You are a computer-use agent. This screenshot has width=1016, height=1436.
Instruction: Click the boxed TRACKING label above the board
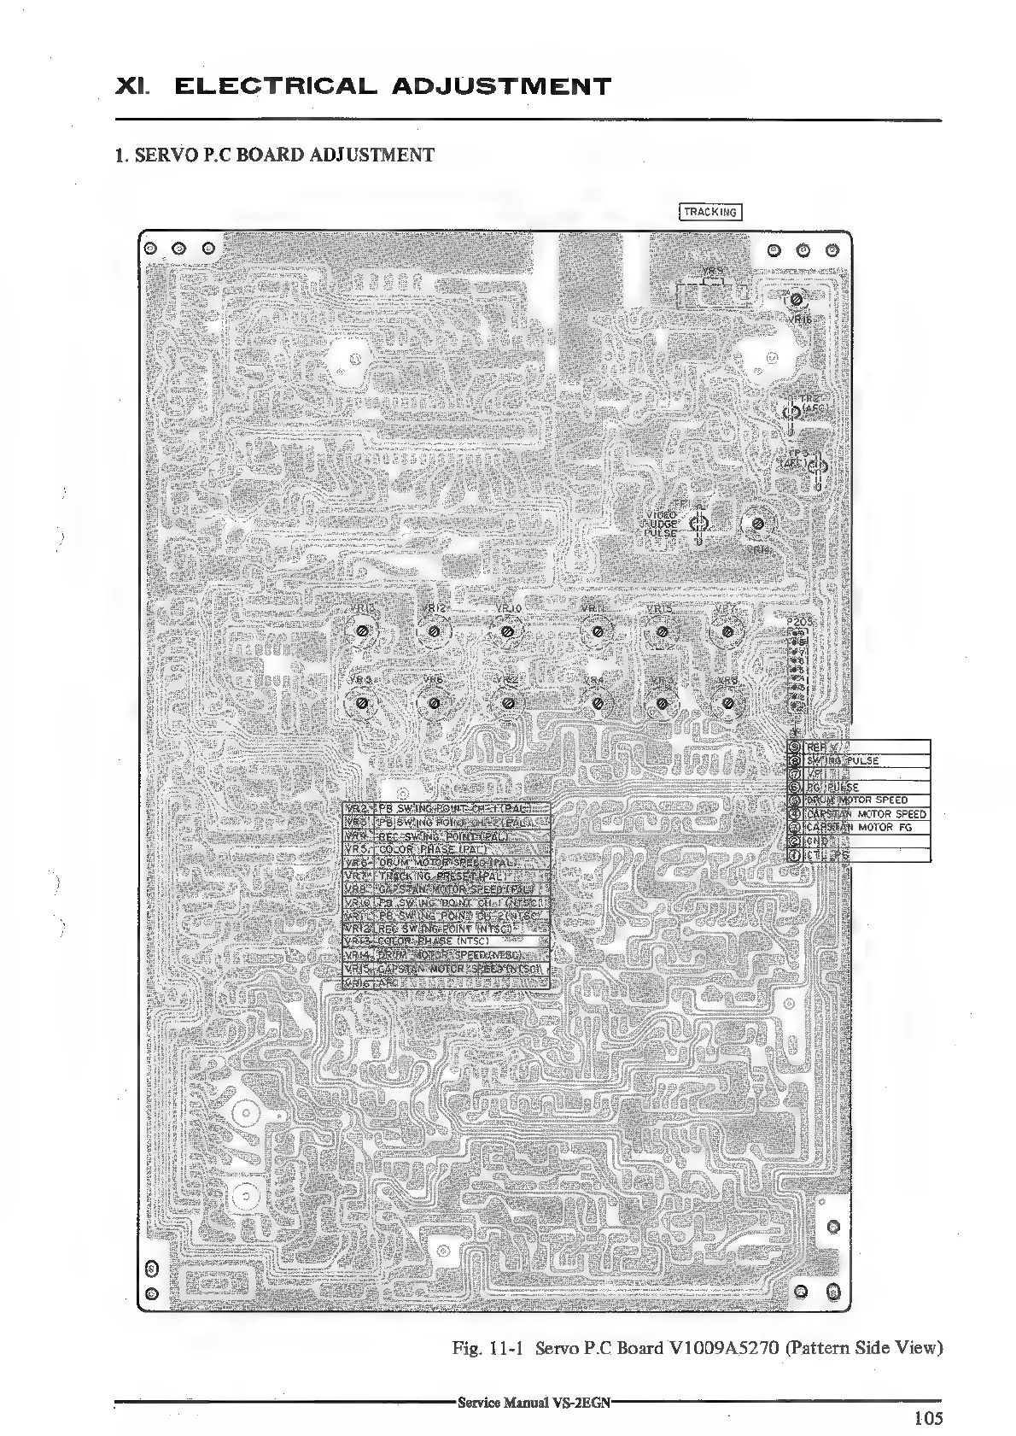[x=709, y=212]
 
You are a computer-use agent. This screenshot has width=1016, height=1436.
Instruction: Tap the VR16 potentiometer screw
[x=796, y=301]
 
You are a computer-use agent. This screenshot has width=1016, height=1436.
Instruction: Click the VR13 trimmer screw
[x=362, y=631]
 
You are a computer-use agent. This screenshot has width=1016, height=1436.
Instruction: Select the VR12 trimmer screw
[x=435, y=631]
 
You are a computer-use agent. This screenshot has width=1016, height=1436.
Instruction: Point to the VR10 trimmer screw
[x=508, y=631]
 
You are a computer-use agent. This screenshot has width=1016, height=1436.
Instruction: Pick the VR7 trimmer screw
[x=727, y=631]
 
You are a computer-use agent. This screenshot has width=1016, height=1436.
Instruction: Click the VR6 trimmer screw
[x=435, y=703]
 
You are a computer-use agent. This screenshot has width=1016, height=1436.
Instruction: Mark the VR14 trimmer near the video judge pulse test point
[x=757, y=525]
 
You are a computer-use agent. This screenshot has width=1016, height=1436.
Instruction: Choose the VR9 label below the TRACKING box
[x=714, y=271]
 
